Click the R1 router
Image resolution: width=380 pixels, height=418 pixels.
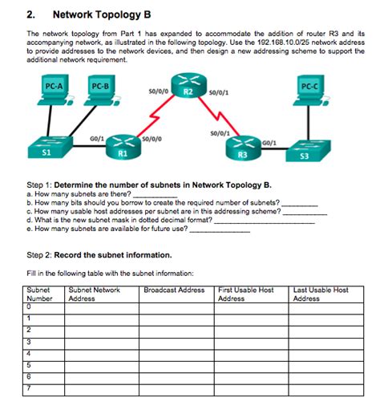[123, 145]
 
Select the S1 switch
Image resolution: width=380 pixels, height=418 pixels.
[46, 148]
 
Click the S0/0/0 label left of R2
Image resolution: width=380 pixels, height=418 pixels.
[158, 91]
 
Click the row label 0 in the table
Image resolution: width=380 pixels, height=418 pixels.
[29, 306]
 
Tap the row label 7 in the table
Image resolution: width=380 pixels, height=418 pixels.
[29, 388]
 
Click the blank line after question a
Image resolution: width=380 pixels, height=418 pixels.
[154, 194]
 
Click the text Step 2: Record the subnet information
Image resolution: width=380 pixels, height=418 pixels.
[99, 255]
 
